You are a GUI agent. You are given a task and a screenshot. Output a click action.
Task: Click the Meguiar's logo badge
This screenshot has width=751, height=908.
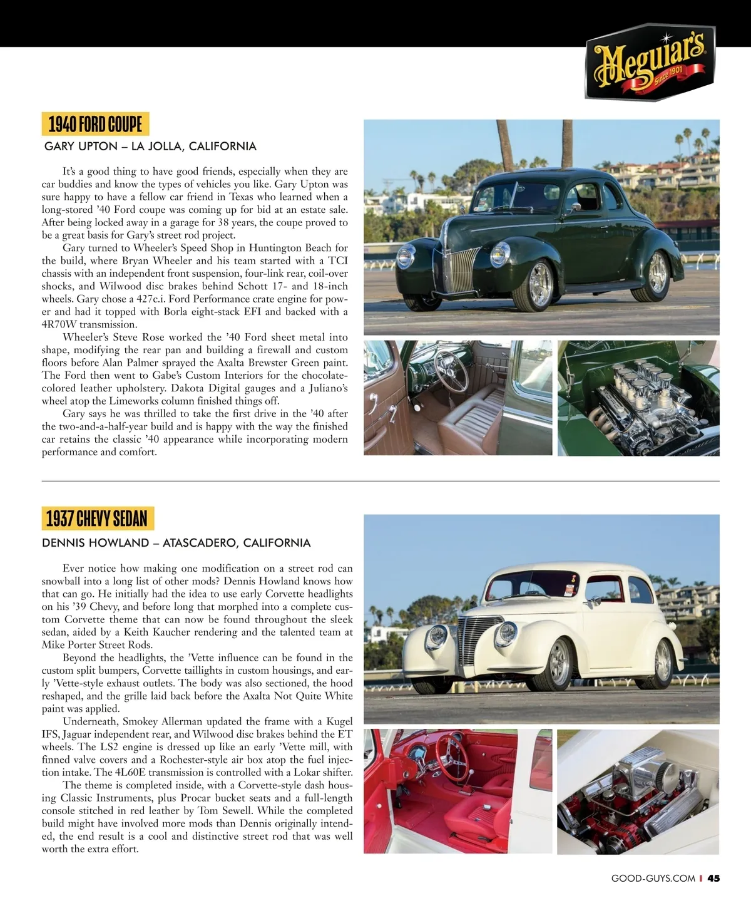(650, 63)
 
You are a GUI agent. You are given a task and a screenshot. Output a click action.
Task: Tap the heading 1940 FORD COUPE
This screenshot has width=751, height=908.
(95, 124)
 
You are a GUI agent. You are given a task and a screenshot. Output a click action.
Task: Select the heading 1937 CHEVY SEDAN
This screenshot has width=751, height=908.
(97, 518)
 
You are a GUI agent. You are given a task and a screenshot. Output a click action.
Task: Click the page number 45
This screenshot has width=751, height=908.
(713, 879)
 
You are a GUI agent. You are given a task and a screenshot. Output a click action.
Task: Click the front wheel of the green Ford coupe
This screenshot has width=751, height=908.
(539, 285)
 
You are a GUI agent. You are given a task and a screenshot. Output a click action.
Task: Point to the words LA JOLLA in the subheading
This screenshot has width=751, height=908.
(155, 147)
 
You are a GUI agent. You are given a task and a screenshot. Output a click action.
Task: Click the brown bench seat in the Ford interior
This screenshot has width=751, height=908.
(473, 426)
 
